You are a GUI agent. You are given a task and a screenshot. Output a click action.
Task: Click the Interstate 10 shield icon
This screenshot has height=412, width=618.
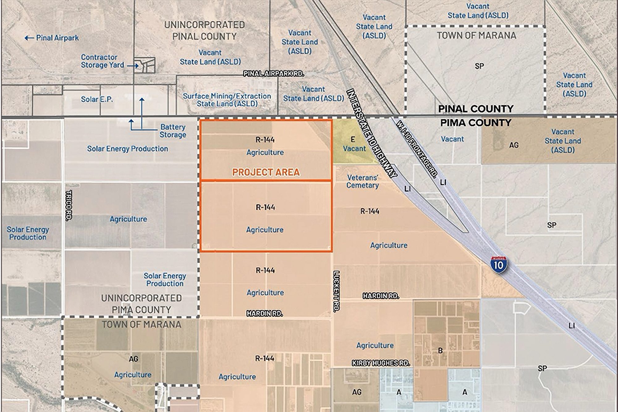(498, 265)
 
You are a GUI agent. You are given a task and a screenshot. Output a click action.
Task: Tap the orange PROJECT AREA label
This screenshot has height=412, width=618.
(266, 172)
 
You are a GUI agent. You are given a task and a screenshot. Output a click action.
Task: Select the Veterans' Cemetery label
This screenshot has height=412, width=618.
(362, 181)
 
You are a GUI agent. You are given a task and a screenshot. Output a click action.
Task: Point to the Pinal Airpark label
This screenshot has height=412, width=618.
(57, 38)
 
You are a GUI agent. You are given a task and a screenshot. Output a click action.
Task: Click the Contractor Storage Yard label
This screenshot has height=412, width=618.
(102, 61)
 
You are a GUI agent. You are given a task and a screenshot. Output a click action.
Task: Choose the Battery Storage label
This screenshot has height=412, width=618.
(173, 131)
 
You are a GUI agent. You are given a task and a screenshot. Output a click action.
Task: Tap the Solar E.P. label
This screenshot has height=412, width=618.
(97, 99)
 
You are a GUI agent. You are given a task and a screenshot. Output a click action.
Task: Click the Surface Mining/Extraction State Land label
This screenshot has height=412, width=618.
(227, 100)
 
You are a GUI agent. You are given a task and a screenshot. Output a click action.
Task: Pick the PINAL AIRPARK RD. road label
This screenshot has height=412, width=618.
(273, 74)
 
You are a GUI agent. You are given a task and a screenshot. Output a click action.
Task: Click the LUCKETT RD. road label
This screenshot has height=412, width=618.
(337, 291)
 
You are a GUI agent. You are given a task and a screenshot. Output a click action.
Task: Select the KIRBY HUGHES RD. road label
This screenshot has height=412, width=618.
(381, 363)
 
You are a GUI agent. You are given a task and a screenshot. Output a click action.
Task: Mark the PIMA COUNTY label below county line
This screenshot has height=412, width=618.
(476, 123)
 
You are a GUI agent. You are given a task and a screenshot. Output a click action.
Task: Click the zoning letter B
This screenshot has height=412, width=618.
(440, 350)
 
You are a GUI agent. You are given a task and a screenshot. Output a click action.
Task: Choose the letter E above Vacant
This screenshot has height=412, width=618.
(353, 140)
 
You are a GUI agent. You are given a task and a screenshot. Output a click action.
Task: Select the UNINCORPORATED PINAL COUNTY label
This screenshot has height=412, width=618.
(204, 30)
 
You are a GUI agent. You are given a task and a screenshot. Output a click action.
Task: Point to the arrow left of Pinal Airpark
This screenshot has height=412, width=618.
(29, 38)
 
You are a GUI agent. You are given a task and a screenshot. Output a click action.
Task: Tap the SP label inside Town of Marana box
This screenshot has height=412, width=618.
(479, 66)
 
